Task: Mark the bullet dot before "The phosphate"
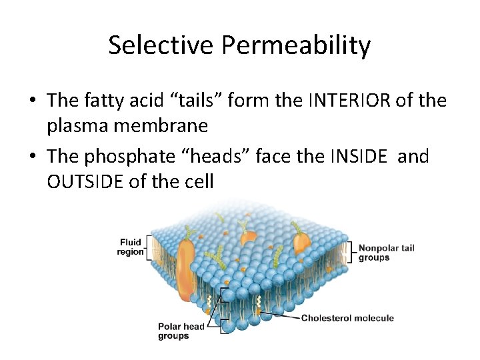pos(32,157)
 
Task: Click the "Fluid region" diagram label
pos(131,247)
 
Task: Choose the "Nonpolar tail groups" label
pos(386,253)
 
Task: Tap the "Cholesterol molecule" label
pos(347,318)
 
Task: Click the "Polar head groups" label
pos(181,331)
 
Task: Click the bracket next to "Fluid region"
pos(150,247)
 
